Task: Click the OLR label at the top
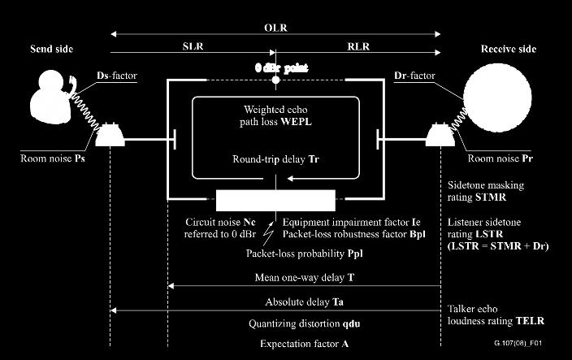[x=275, y=28]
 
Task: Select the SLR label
[x=193, y=46]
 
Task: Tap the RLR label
[x=358, y=46]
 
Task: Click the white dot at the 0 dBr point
[x=275, y=80]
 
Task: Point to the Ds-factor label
[x=117, y=76]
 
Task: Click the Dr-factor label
[x=414, y=76]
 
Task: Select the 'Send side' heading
[x=52, y=49]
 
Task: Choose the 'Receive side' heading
[x=509, y=49]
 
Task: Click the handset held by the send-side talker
[x=72, y=85]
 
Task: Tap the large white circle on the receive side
[x=497, y=98]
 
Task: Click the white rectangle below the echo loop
[x=275, y=200]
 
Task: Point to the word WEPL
[x=297, y=121]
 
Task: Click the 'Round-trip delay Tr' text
[x=275, y=159]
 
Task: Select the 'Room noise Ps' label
[x=53, y=158]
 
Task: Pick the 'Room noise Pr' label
[x=500, y=158]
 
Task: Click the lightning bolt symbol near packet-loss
[x=269, y=233]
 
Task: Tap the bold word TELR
[x=530, y=321]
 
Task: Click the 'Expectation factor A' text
[x=304, y=344]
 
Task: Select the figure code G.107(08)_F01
[x=518, y=343]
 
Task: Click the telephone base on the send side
[x=110, y=136]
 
